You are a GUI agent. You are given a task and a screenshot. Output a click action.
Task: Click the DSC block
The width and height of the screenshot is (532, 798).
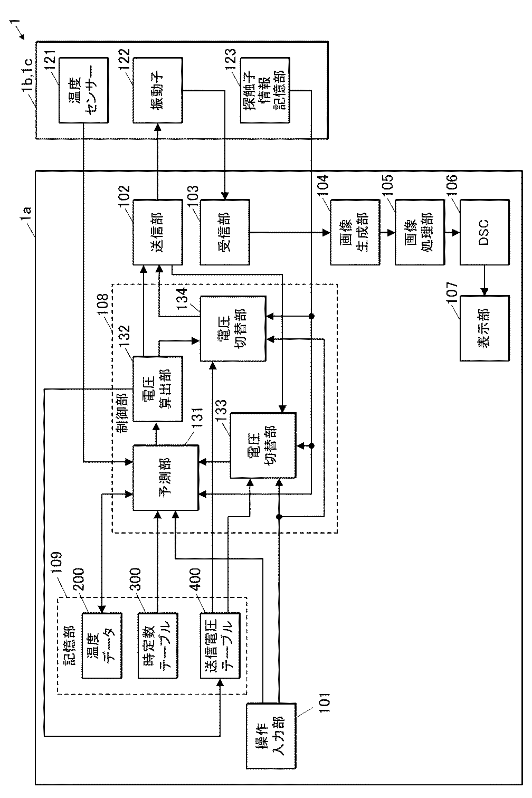pos(484,232)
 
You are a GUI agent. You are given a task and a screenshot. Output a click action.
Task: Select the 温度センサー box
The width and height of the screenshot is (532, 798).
pos(83,90)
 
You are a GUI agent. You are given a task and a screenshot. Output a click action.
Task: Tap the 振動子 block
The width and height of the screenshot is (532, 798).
pos(158,90)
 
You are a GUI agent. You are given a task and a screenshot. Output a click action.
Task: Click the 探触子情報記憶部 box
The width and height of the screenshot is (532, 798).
pos(265,90)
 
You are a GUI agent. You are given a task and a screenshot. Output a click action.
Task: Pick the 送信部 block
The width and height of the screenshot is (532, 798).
pos(158,232)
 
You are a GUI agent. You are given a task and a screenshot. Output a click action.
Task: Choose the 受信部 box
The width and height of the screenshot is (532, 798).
pos(225,232)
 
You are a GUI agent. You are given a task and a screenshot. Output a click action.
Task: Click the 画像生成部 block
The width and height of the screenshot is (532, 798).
pos(355,232)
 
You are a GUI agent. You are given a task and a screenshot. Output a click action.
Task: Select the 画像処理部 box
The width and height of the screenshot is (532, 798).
pos(420,232)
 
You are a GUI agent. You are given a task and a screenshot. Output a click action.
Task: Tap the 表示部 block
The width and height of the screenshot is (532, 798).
pos(484,328)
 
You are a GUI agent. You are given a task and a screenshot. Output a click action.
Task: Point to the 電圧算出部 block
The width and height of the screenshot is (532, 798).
pos(158,389)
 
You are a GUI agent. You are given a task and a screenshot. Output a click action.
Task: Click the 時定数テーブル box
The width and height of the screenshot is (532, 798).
pos(158,645)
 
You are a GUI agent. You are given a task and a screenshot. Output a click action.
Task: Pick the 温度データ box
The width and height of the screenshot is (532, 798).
pos(102,645)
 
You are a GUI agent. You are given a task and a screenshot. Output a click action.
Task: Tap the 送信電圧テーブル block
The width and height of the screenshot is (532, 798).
pos(220,645)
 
